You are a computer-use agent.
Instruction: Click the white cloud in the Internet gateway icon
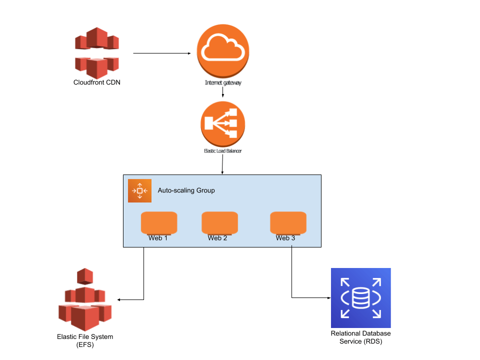click(x=222, y=48)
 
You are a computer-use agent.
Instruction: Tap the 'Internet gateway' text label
click(x=223, y=82)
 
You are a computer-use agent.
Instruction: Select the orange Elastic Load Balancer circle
click(x=223, y=123)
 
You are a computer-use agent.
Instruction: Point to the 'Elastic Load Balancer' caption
click(x=223, y=150)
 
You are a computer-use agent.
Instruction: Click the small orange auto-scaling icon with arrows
click(x=139, y=190)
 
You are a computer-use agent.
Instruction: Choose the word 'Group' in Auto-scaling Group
click(x=205, y=190)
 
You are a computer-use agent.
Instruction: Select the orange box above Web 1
click(x=159, y=223)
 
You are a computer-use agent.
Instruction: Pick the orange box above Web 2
click(x=219, y=223)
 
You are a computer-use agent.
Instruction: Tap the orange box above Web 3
click(x=288, y=223)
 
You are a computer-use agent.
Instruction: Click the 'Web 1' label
click(x=158, y=238)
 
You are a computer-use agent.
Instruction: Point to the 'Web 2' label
click(x=217, y=238)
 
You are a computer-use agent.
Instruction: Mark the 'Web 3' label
click(x=285, y=238)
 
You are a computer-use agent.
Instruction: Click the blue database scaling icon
click(x=360, y=298)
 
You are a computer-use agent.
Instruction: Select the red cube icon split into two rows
click(x=97, y=53)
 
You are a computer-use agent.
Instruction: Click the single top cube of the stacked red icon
click(x=85, y=276)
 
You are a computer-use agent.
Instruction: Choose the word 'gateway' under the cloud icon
click(x=231, y=82)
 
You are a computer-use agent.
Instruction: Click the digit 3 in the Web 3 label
click(x=293, y=238)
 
